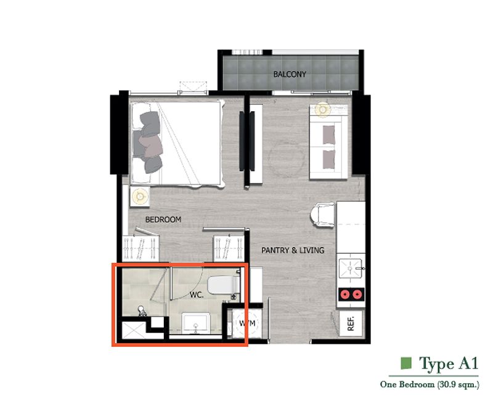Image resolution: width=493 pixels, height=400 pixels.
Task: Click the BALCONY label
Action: coord(290,74)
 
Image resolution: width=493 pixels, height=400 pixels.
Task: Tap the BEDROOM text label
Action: coord(163,220)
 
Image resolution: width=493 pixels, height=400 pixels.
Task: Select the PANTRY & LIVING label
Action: coord(293,251)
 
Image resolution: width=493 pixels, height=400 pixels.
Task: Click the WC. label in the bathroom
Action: coord(197,296)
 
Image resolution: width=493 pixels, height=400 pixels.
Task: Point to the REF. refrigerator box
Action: coord(351,323)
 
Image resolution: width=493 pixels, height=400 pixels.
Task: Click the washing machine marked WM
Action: coord(247,323)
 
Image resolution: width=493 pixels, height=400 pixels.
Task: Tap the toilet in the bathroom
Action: coord(224,285)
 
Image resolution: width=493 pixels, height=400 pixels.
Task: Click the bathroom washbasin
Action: coord(195,323)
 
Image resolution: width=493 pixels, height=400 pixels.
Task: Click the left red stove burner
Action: coord(345,295)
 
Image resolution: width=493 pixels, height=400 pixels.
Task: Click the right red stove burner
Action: coord(357,295)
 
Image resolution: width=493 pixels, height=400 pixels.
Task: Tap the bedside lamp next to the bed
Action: coord(141,196)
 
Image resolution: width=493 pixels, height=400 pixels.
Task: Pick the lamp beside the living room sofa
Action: coord(322,110)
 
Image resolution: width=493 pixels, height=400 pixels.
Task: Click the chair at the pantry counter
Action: coord(322,215)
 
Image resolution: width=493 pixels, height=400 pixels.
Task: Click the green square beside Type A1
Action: coord(406,363)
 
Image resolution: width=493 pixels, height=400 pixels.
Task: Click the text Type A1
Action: coord(449,364)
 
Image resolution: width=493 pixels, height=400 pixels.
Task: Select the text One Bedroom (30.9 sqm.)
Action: coord(430,384)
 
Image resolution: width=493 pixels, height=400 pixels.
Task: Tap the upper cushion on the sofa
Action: coord(328,135)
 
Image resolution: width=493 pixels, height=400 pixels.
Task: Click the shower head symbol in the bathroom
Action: coord(142,311)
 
